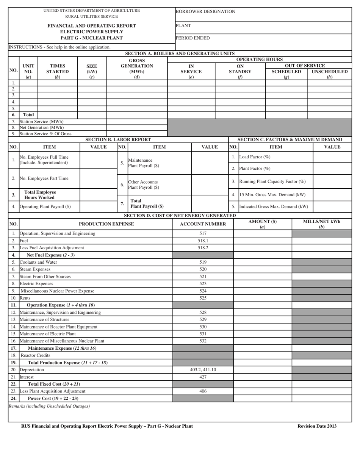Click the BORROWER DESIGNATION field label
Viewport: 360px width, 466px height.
(x=205, y=12)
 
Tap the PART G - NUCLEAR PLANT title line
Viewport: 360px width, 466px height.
(x=92, y=38)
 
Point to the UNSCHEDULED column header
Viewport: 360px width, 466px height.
(x=329, y=71)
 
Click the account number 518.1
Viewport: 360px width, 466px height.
(x=203, y=241)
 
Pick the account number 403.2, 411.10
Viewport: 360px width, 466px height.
(x=203, y=370)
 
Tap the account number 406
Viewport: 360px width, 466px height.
(x=203, y=391)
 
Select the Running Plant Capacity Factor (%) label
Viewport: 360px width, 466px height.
(x=272, y=181)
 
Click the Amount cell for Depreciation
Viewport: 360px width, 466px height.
(x=262, y=370)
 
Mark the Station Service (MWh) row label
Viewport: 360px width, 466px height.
(x=41, y=122)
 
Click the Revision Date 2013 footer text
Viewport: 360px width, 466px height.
(x=317, y=426)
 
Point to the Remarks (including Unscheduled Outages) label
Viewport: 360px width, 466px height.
(x=49, y=406)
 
